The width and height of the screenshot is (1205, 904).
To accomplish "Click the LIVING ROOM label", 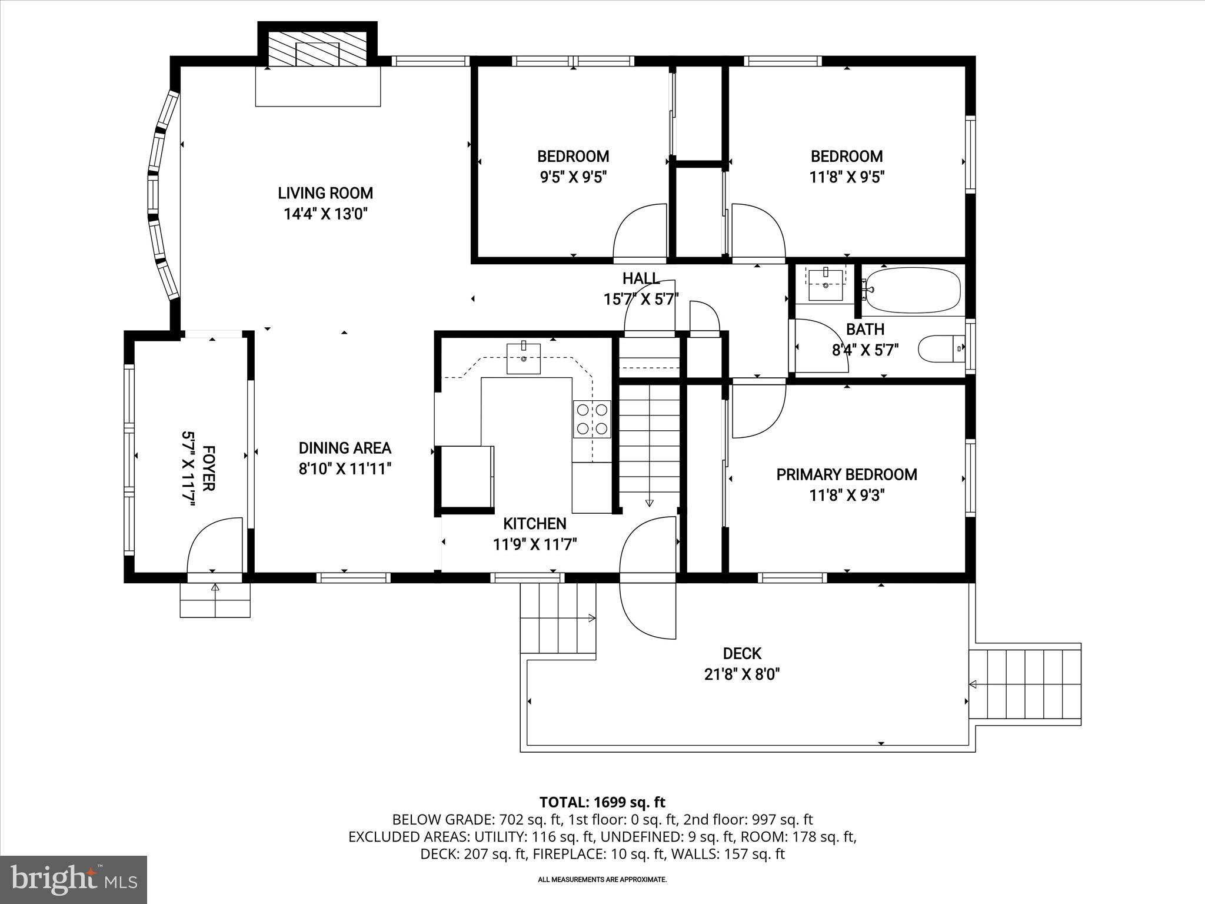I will point(325,193).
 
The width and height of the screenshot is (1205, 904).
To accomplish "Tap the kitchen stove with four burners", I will point(592,419).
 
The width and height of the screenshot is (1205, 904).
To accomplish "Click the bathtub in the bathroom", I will point(913,290).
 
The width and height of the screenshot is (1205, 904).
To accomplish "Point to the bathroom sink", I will point(825,284).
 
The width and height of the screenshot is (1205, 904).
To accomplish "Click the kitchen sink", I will point(523,358).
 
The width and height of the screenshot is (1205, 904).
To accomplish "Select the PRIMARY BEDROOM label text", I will point(846,475).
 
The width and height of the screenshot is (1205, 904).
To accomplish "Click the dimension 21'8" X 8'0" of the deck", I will point(742,674).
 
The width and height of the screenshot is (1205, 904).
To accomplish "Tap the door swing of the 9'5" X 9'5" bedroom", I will point(641,232).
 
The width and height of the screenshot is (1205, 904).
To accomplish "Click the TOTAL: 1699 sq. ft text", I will point(602,802).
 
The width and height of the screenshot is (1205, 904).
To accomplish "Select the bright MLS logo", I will point(74,880).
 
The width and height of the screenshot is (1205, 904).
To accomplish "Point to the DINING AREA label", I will point(345,448).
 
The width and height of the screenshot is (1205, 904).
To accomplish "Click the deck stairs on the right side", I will point(1025,684).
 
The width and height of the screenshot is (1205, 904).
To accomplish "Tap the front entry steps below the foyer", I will point(215,600).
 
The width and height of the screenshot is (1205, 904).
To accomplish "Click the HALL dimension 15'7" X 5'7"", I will point(641,300).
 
